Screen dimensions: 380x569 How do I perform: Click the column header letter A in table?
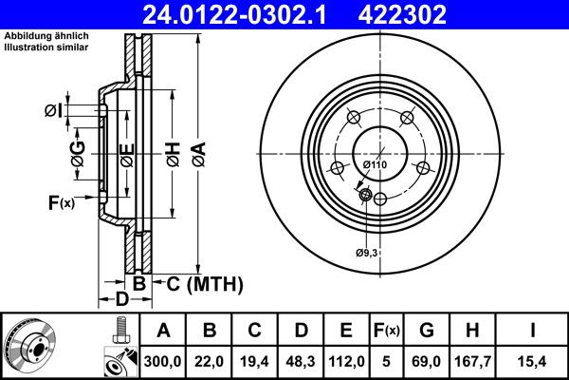tap(163, 331)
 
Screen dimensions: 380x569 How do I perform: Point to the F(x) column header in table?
tap(386, 331)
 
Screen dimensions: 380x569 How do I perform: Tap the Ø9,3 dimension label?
tap(368, 252)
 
